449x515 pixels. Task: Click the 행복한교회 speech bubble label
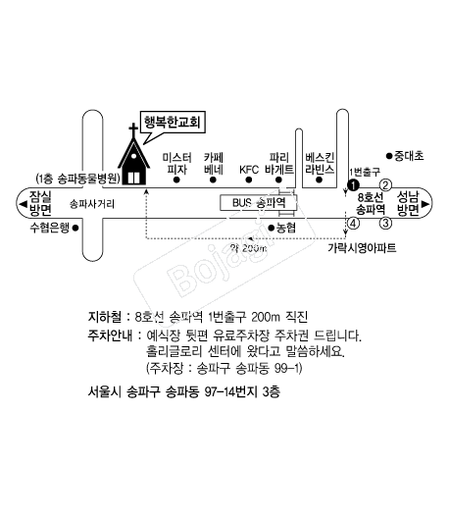point(172,123)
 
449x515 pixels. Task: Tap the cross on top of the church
point(133,130)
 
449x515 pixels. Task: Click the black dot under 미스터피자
point(176,180)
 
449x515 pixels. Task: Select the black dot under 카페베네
point(213,180)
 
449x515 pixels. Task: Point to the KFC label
point(249,170)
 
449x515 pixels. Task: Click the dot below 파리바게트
point(278,180)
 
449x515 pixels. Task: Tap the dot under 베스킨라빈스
point(319,180)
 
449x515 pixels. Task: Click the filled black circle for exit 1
point(353,185)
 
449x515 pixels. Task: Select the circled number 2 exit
point(385,185)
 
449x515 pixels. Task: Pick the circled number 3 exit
point(385,223)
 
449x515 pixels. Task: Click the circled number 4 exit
point(353,224)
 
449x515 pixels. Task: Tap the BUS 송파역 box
point(258,203)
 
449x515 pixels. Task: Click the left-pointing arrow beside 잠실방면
point(23,204)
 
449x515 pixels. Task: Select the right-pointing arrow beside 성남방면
point(425,204)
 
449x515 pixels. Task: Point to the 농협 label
point(286,228)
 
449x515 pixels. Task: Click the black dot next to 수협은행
point(75,228)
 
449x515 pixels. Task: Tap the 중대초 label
point(409,156)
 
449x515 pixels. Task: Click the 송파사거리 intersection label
point(92,204)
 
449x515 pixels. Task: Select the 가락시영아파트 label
point(362,247)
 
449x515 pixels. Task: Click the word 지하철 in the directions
point(105,317)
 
